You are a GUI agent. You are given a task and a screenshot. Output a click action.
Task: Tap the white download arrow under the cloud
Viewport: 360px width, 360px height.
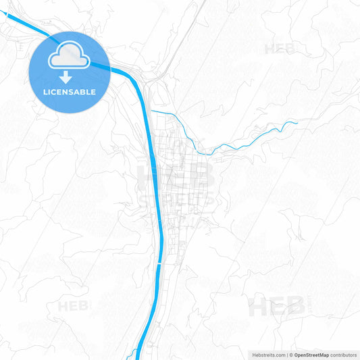coord(66,78)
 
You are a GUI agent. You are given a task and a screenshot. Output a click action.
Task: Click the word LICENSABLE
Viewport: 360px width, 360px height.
coord(69,92)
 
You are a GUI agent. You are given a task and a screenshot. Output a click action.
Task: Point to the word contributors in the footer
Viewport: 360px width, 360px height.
coord(344,354)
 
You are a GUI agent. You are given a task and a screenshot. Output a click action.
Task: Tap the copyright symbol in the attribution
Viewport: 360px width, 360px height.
coord(292,354)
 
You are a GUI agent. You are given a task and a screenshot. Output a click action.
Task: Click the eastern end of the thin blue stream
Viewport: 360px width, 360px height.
coord(297,122)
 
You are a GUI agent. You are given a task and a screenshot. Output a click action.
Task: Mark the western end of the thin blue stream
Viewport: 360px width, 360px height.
coord(151,110)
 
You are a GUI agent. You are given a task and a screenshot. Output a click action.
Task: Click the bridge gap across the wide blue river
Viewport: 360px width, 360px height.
coord(160,263)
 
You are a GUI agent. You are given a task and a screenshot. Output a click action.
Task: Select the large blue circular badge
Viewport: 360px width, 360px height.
coord(69,72)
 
